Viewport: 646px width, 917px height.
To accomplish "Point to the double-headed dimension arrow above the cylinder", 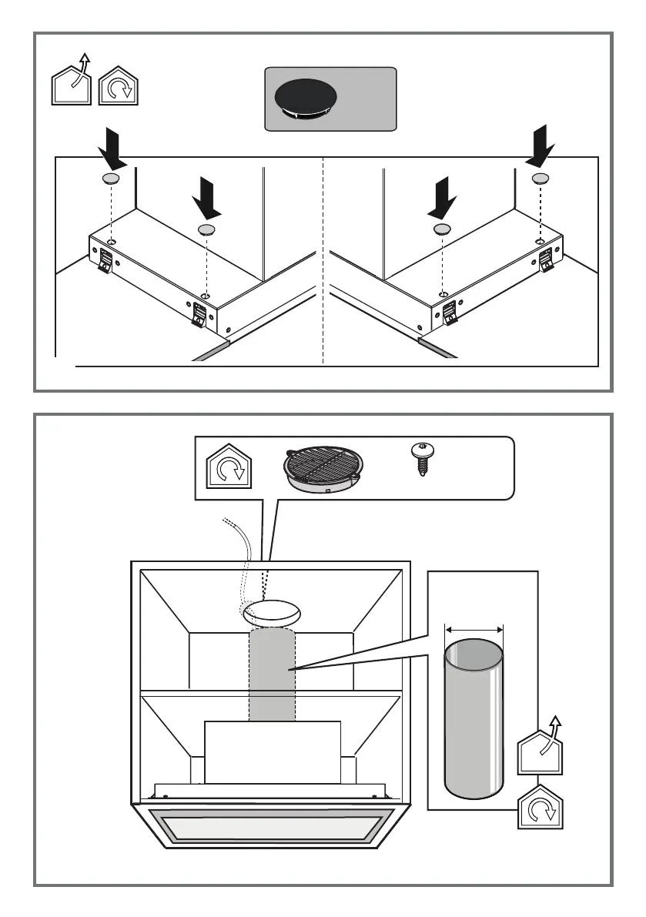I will [x=474, y=629].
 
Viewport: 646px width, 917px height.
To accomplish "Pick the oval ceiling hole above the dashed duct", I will [x=271, y=614].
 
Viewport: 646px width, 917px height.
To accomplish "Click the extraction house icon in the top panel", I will [x=72, y=81].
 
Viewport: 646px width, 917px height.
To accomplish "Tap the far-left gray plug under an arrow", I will [x=111, y=179].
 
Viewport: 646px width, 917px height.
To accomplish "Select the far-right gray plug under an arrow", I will [x=541, y=179].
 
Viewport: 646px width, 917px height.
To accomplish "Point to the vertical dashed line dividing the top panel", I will [x=323, y=262].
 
